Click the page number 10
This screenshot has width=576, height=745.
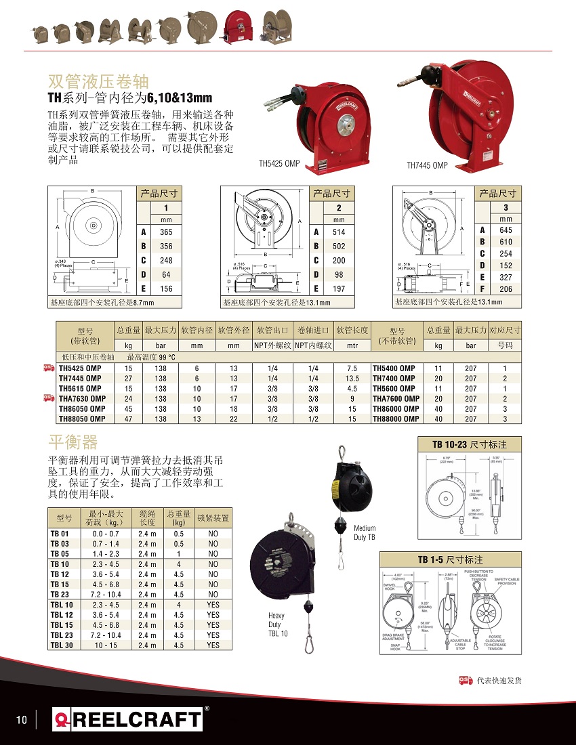click(x=22, y=720)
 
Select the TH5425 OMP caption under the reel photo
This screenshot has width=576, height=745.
click(x=279, y=163)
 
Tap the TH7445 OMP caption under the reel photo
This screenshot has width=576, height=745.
click(x=427, y=165)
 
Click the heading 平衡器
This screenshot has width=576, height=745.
click(x=73, y=443)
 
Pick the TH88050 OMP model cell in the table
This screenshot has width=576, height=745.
click(x=80, y=419)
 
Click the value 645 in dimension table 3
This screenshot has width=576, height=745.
click(x=506, y=230)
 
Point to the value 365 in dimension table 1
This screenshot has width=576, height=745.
click(x=166, y=232)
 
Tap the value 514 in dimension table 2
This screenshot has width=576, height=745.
click(x=339, y=232)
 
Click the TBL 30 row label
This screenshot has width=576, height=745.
click(x=62, y=645)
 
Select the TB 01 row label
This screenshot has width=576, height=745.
click(x=60, y=534)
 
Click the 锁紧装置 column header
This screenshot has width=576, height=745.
click(x=213, y=518)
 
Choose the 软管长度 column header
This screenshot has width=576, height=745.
click(x=352, y=331)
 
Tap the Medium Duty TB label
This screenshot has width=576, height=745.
click(x=365, y=532)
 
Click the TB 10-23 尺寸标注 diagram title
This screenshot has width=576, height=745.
click(x=470, y=445)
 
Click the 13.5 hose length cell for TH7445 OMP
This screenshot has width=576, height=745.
click(x=352, y=379)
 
